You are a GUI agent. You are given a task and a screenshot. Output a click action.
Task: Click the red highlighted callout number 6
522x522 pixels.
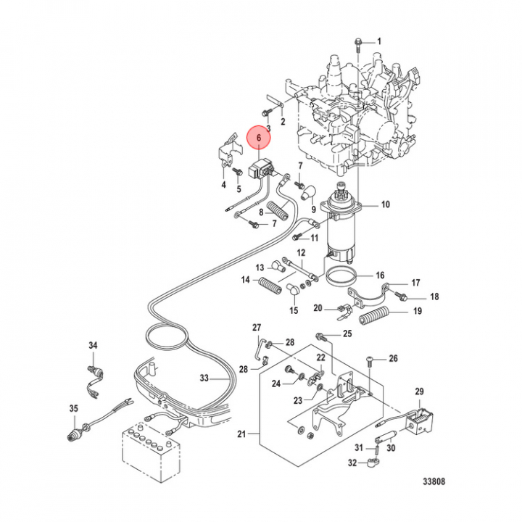[259, 137]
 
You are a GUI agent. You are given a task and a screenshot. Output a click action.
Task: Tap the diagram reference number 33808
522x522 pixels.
[434, 481]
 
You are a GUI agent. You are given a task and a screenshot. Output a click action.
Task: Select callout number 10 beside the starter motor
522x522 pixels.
[385, 204]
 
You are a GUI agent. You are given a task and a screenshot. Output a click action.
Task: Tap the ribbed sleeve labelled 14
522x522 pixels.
[270, 286]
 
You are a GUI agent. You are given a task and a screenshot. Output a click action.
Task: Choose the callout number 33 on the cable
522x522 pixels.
[204, 378]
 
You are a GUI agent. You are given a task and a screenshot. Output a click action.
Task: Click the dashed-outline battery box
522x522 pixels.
[151, 452]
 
